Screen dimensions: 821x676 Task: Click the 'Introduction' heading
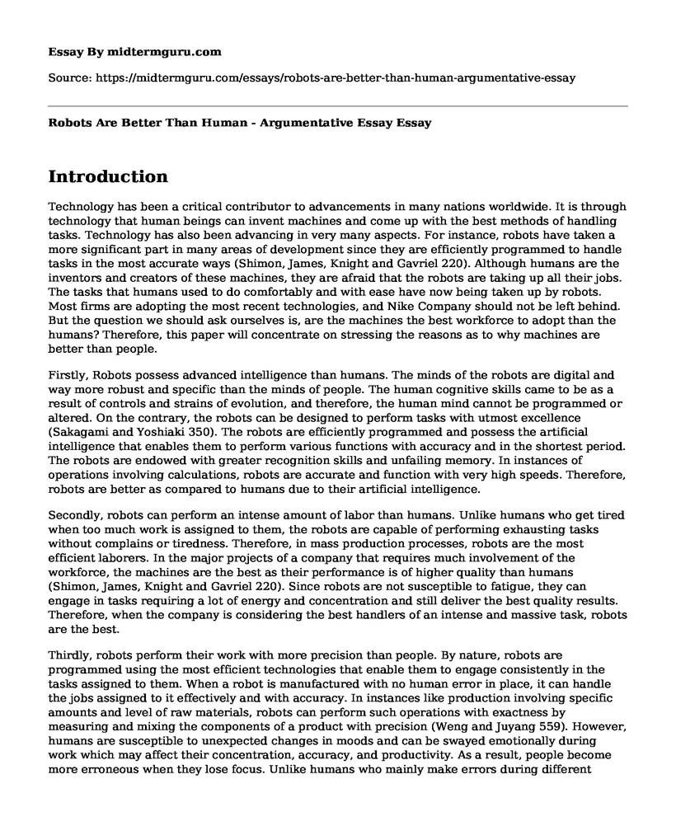[108, 176]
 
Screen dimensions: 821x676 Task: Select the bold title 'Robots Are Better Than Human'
[162, 122]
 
